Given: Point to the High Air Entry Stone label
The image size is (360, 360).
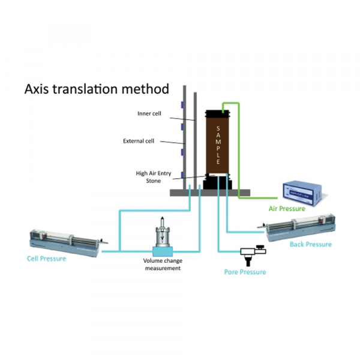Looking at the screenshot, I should click(154, 176).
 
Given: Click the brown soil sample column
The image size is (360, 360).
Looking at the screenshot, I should click(219, 144).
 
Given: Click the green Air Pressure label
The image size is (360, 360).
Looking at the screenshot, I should click(287, 209).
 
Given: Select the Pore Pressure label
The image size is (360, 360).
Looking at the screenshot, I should click(244, 272).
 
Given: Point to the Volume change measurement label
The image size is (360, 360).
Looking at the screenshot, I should click(162, 265).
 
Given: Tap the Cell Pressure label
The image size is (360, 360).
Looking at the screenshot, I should click(47, 259).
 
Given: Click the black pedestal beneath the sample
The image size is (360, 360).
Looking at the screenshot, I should click(218, 182).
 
